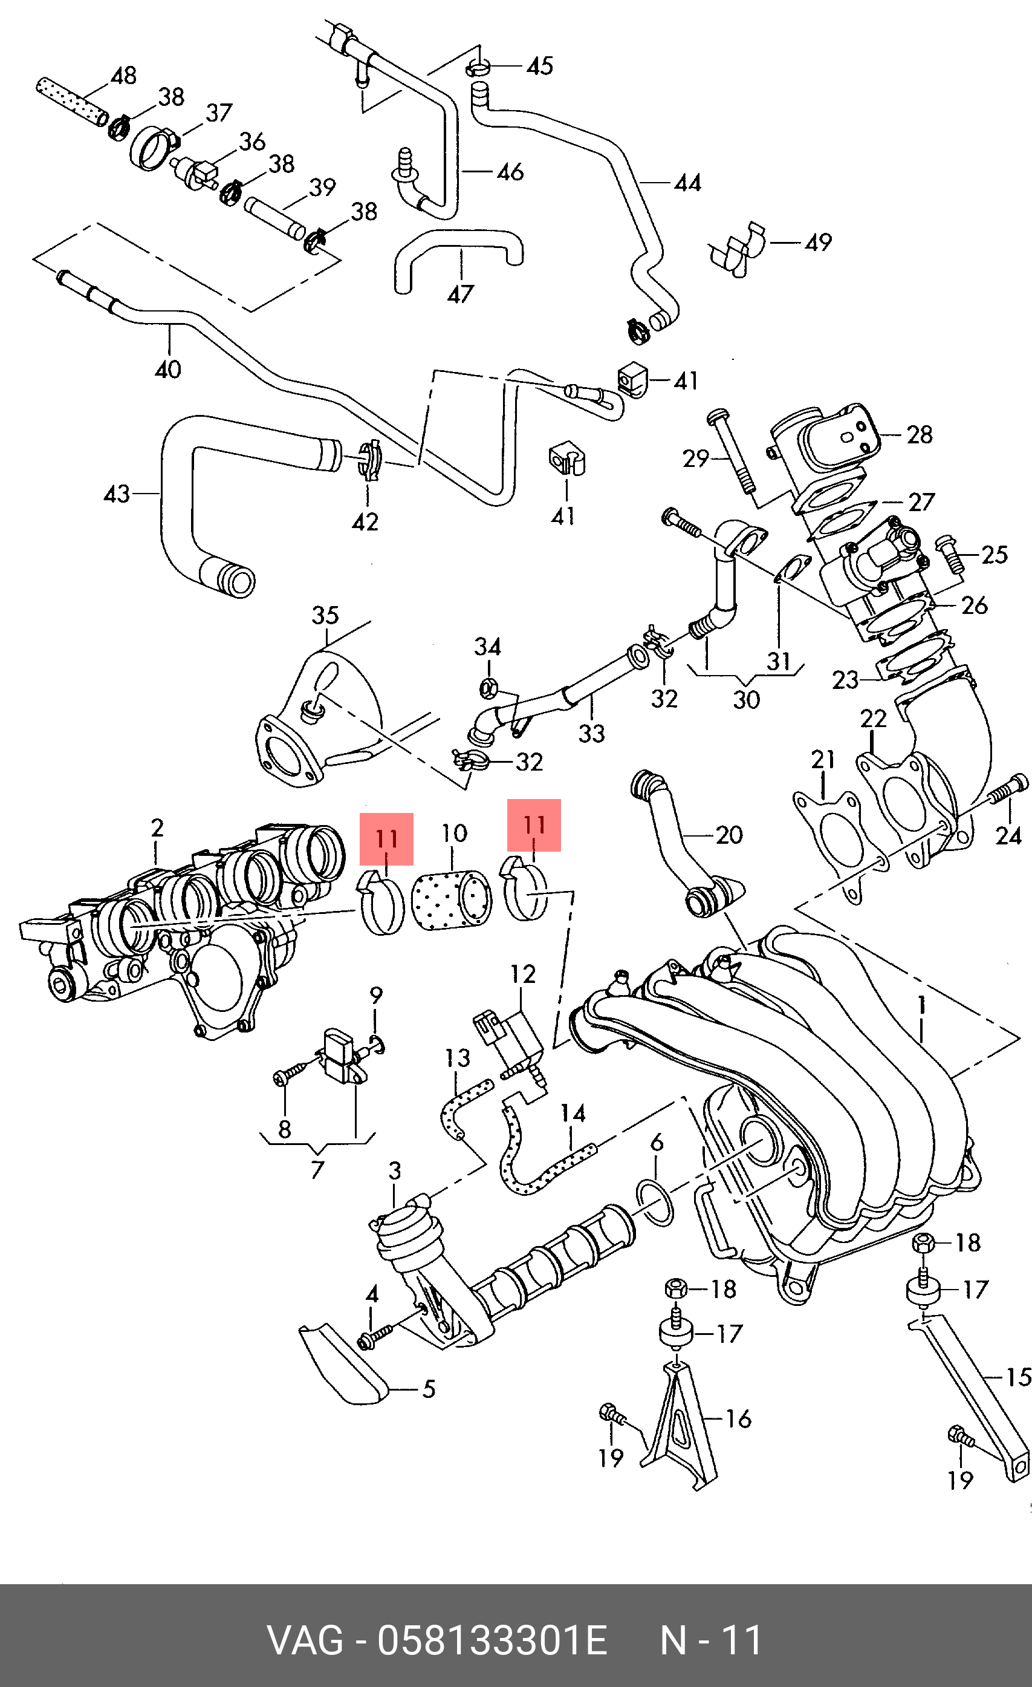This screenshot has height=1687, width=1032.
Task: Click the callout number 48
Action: (123, 76)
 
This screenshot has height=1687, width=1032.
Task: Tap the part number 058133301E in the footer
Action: (492, 1640)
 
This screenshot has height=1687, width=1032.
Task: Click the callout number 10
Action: (453, 834)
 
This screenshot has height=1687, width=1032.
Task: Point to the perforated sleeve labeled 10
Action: (452, 900)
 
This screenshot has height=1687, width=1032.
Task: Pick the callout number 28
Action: (919, 434)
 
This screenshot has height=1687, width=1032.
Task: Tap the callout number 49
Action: (818, 243)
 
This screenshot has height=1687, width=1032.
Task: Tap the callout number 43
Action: (116, 494)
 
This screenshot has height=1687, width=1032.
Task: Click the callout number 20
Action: (729, 835)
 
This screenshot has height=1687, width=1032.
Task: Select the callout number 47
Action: (461, 295)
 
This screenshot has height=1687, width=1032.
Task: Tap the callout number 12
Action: (523, 974)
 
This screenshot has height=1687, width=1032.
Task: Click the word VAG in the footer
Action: (305, 1640)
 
